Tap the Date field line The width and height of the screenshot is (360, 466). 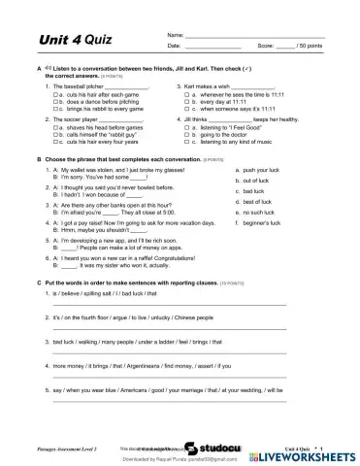(x=213, y=47)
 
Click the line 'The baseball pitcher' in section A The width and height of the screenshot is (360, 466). (x=87, y=85)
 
